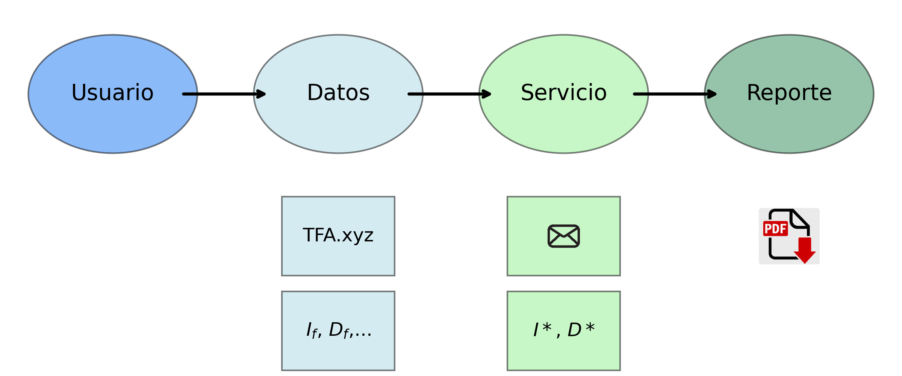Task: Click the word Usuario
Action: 112,92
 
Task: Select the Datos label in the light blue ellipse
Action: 338,92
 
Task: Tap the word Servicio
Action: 564,92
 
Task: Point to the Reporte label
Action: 789,92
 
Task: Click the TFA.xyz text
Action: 338,235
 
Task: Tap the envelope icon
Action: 564,236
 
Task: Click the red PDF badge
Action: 775,229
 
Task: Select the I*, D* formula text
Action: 564,330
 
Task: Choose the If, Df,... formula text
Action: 338,330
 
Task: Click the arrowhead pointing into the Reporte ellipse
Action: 711,94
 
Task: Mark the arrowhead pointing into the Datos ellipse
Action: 261,94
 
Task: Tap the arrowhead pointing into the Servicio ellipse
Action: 486,94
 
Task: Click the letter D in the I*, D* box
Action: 574,330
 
